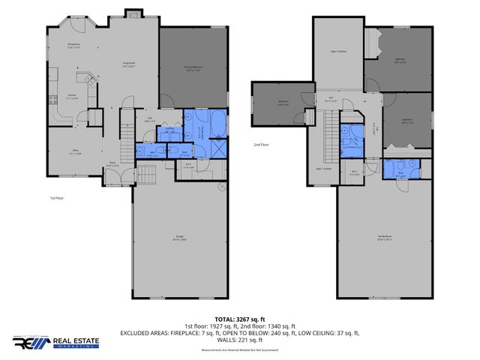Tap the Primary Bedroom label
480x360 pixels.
[x=193, y=67]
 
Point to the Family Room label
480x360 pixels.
[x=385, y=239]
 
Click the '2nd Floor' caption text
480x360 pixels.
[x=262, y=144]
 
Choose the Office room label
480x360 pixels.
[x=75, y=153]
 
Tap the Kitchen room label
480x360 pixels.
[x=72, y=97]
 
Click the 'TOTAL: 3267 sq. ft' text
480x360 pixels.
[x=240, y=319]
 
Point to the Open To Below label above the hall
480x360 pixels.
[x=338, y=52]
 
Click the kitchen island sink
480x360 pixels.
[x=87, y=78]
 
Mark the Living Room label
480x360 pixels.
[x=128, y=64]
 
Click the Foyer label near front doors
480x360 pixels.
[x=112, y=162]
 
